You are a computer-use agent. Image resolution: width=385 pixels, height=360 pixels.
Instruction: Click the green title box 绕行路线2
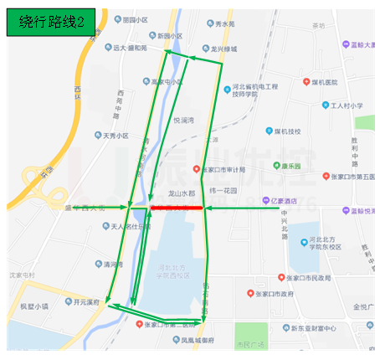click(49, 23)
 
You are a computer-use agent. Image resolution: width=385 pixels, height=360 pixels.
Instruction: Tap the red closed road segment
click(177, 206)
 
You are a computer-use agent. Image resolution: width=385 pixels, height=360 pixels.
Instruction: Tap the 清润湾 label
click(106, 265)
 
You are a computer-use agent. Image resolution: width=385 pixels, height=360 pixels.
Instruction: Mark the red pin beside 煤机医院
click(305, 82)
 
